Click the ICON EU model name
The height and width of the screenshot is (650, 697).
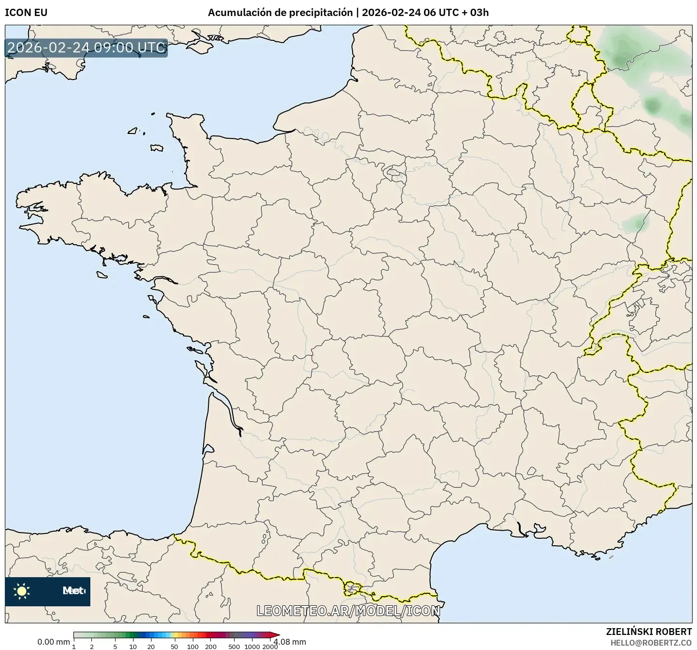(x=26, y=13)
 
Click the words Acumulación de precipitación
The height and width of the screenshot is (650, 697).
(x=280, y=13)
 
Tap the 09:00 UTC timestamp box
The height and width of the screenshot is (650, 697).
(x=86, y=48)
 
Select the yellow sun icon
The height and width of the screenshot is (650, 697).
(x=22, y=591)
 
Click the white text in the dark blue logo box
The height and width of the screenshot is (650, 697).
(x=73, y=591)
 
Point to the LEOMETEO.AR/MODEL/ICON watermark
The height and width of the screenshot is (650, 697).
(x=348, y=611)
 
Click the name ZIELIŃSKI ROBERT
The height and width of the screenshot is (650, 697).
(x=649, y=632)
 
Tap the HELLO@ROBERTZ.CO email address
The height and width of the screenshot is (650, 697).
(x=651, y=642)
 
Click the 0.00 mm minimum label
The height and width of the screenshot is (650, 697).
(x=53, y=642)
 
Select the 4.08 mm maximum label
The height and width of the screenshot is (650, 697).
(x=290, y=642)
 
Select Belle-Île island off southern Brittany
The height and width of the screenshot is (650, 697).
(x=102, y=275)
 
